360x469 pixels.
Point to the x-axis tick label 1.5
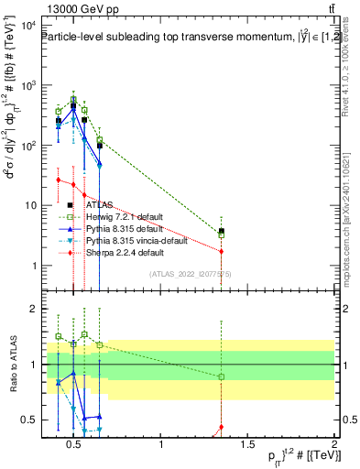pos(248,445)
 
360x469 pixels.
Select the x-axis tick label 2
pos(334,445)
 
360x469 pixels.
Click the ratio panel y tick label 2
pos(33,309)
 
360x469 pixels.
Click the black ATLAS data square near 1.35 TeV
pos(221,231)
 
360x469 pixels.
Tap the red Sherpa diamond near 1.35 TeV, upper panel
pos(221,251)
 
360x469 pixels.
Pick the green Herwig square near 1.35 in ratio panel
pos(221,376)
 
